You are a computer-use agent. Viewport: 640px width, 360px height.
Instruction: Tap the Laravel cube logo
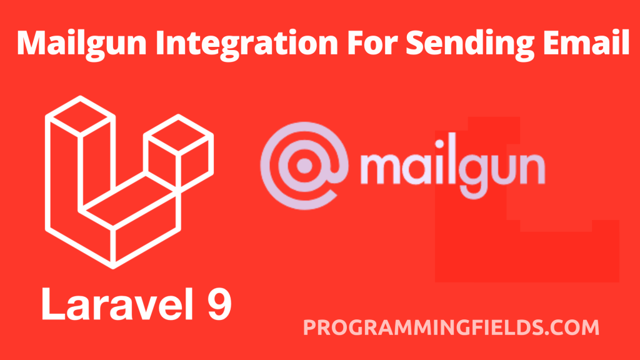click(x=129, y=182)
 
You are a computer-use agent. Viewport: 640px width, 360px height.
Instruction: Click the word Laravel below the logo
click(x=117, y=304)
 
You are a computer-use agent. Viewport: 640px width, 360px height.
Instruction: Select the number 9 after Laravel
click(x=219, y=304)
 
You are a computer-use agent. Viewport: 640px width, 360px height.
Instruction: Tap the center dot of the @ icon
click(x=304, y=166)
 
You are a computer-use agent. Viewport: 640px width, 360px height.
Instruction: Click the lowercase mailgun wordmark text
click(x=452, y=168)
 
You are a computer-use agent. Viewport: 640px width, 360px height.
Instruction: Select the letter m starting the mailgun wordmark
click(x=382, y=167)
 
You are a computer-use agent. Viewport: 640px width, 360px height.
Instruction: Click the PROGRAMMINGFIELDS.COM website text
click(x=451, y=327)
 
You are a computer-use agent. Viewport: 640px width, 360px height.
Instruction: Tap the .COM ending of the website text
click(x=571, y=327)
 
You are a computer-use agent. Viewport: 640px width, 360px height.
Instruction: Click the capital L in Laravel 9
click(x=52, y=304)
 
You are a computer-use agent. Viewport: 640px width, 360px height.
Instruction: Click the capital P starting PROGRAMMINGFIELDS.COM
click(x=310, y=327)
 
